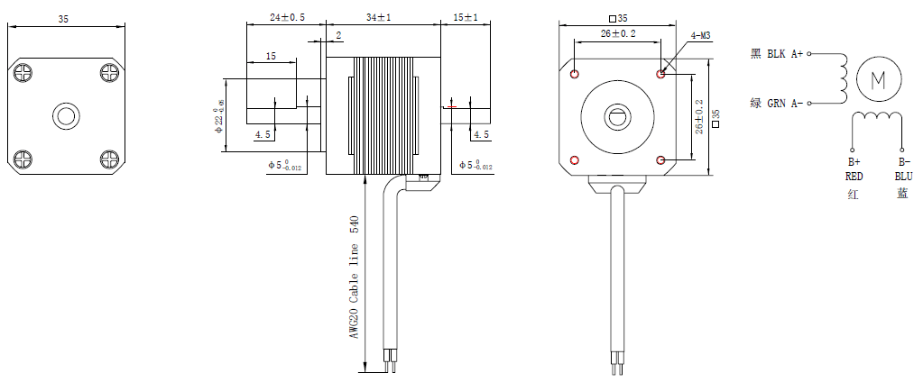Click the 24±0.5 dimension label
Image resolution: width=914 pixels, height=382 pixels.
tap(287, 17)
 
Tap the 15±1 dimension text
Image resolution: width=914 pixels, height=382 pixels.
tap(466, 17)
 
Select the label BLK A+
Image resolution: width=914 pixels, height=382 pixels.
tap(784, 54)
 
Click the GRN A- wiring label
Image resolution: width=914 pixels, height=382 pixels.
tap(784, 104)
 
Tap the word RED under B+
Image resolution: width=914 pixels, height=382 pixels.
tap(854, 177)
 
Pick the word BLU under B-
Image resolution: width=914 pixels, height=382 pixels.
tap(903, 177)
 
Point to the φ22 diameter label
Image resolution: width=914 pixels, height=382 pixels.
tap(218, 117)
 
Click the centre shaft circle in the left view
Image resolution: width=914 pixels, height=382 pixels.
tap(66, 116)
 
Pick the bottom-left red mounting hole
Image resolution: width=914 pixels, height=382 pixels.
tap(576, 159)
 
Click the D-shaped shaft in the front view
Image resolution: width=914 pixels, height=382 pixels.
tap(618, 116)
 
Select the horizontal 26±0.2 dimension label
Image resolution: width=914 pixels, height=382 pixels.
tap(617, 33)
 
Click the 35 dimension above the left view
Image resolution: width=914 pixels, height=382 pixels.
tap(63, 18)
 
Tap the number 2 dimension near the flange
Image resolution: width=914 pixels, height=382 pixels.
tap(338, 35)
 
